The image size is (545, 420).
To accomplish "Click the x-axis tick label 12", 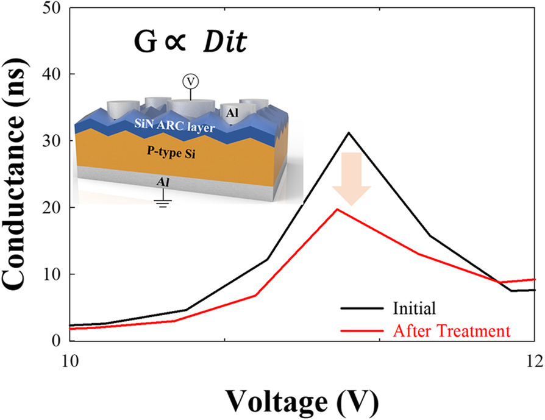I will [534, 360].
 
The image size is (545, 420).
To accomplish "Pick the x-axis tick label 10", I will [70, 360].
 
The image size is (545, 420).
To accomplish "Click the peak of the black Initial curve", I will [349, 132].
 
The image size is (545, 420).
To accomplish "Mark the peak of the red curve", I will [338, 209].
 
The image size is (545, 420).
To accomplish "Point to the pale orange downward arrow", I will [351, 177].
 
